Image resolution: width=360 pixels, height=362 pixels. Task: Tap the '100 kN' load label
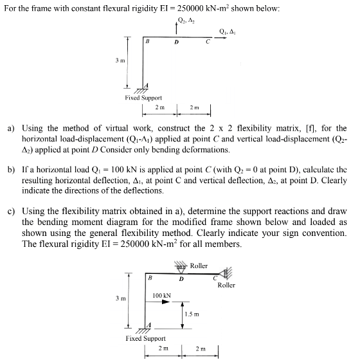[x=161, y=295]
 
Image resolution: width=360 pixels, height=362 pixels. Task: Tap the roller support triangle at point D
[x=180, y=270]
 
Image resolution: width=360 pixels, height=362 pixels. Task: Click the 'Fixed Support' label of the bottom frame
[x=145, y=338]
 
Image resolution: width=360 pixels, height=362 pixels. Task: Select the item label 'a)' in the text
[x=11, y=129]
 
